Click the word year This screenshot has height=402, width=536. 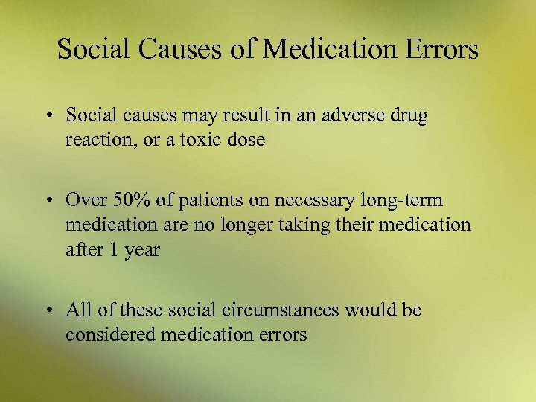(x=142, y=249)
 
